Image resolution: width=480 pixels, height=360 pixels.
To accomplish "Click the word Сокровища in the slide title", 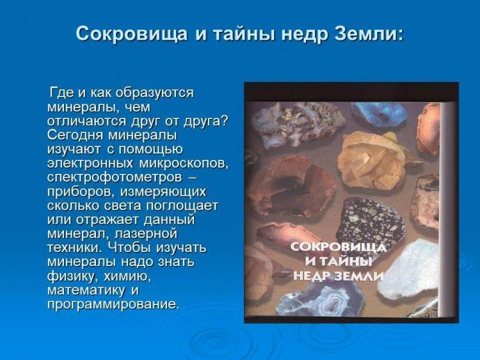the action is click(131, 34).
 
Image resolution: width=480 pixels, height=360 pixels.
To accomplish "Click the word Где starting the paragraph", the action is click(61, 93).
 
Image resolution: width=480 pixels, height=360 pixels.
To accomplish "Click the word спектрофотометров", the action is click(115, 178).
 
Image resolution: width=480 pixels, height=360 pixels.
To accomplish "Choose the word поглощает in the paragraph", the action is click(182, 206).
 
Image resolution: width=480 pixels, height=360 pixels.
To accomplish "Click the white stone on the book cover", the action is click(411, 269).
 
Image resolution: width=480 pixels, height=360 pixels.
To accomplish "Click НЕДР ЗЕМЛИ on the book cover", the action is click(339, 276).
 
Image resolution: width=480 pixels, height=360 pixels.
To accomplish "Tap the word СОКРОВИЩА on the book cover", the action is click(339, 247).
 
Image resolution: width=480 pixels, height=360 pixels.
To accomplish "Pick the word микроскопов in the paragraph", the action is click(184, 164).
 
